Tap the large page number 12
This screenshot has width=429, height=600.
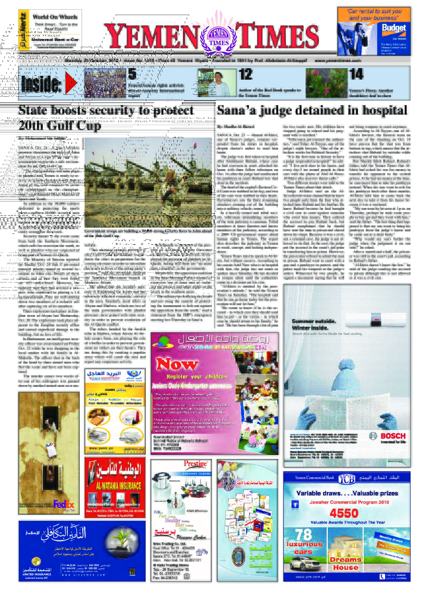point(245,74)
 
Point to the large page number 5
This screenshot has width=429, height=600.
point(132,74)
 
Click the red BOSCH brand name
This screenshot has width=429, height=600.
point(393,436)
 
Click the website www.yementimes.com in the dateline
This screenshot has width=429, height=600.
point(337,61)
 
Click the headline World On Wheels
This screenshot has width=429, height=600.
point(55,17)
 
